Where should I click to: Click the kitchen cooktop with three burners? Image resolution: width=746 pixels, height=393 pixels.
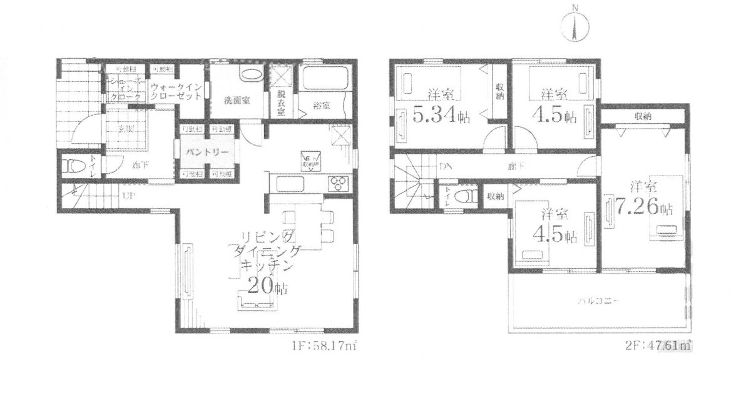[338, 183]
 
